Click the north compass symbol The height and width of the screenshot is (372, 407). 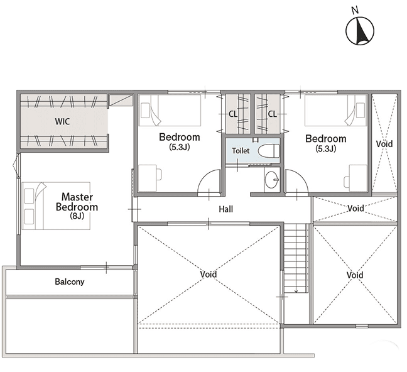[x=359, y=31]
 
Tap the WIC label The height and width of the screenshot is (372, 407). [x=62, y=121]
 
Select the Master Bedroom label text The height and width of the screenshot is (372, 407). [x=77, y=202]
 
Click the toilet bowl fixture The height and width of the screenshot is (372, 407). [x=269, y=150]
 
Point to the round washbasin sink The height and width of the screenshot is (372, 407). [x=272, y=180]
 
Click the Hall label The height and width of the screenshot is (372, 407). [x=225, y=209]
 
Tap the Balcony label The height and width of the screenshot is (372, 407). [x=70, y=282]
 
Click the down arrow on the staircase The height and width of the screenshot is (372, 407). [x=296, y=291]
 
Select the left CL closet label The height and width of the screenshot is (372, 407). [x=233, y=114]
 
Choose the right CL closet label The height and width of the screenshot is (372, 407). [x=273, y=114]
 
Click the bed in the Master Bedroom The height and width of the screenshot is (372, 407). [x=56, y=205]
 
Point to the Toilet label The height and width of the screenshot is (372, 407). [x=241, y=151]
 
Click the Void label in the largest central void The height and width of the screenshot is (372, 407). [x=209, y=275]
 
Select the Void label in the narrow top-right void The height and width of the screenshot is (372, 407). [x=384, y=144]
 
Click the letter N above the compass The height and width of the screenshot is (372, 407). [x=355, y=11]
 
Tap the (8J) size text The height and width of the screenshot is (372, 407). [x=77, y=216]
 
